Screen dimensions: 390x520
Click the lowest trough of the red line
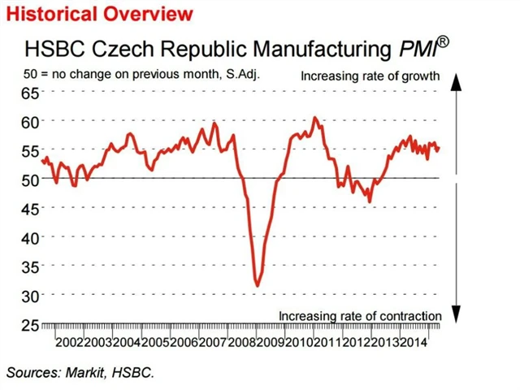258,285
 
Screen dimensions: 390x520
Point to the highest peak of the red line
315,118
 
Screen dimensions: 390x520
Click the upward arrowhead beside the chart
457,80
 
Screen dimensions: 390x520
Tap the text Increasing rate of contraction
360,315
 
